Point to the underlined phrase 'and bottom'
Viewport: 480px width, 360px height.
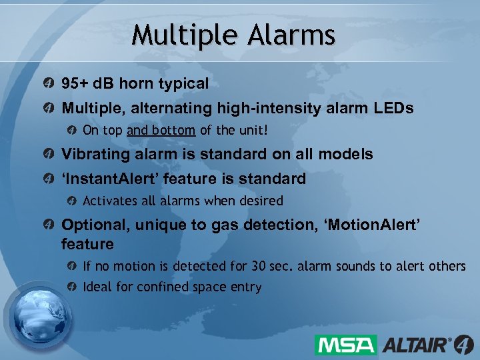(x=161, y=130)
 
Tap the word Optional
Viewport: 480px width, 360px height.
(x=93, y=225)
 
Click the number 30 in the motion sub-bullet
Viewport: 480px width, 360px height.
(x=258, y=266)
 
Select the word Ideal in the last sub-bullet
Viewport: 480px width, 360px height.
(x=97, y=287)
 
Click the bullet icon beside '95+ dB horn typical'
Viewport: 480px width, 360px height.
(x=49, y=85)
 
